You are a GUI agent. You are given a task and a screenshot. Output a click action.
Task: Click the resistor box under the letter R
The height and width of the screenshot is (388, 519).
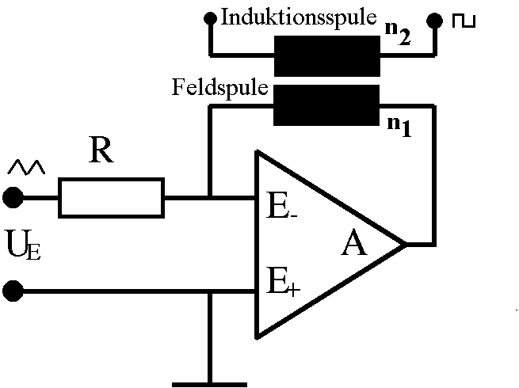tap(111, 197)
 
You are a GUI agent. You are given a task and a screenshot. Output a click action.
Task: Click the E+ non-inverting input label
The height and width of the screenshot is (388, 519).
tap(282, 282)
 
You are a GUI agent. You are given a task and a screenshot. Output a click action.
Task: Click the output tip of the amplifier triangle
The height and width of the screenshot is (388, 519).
tap(405, 244)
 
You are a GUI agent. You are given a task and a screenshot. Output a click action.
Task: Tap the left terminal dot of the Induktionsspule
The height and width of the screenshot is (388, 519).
tap(210, 17)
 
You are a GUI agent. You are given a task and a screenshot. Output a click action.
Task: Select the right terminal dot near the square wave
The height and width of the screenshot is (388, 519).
tap(433, 18)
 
